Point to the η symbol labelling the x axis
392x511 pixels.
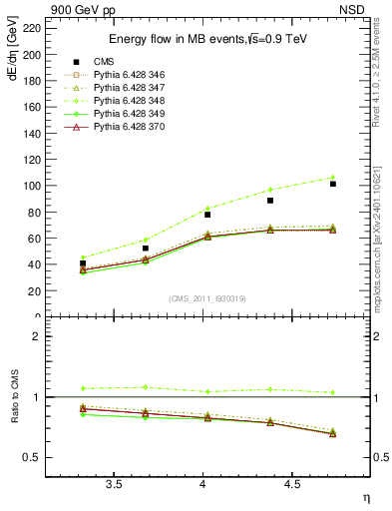click(365, 497)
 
